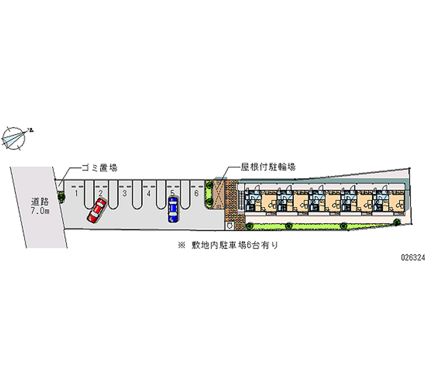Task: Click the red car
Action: (97, 210)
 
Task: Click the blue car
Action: (173, 209)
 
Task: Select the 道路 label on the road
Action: (39, 202)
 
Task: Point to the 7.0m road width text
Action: (39, 211)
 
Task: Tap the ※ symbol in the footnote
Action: (182, 245)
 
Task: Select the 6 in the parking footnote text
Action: (248, 245)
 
